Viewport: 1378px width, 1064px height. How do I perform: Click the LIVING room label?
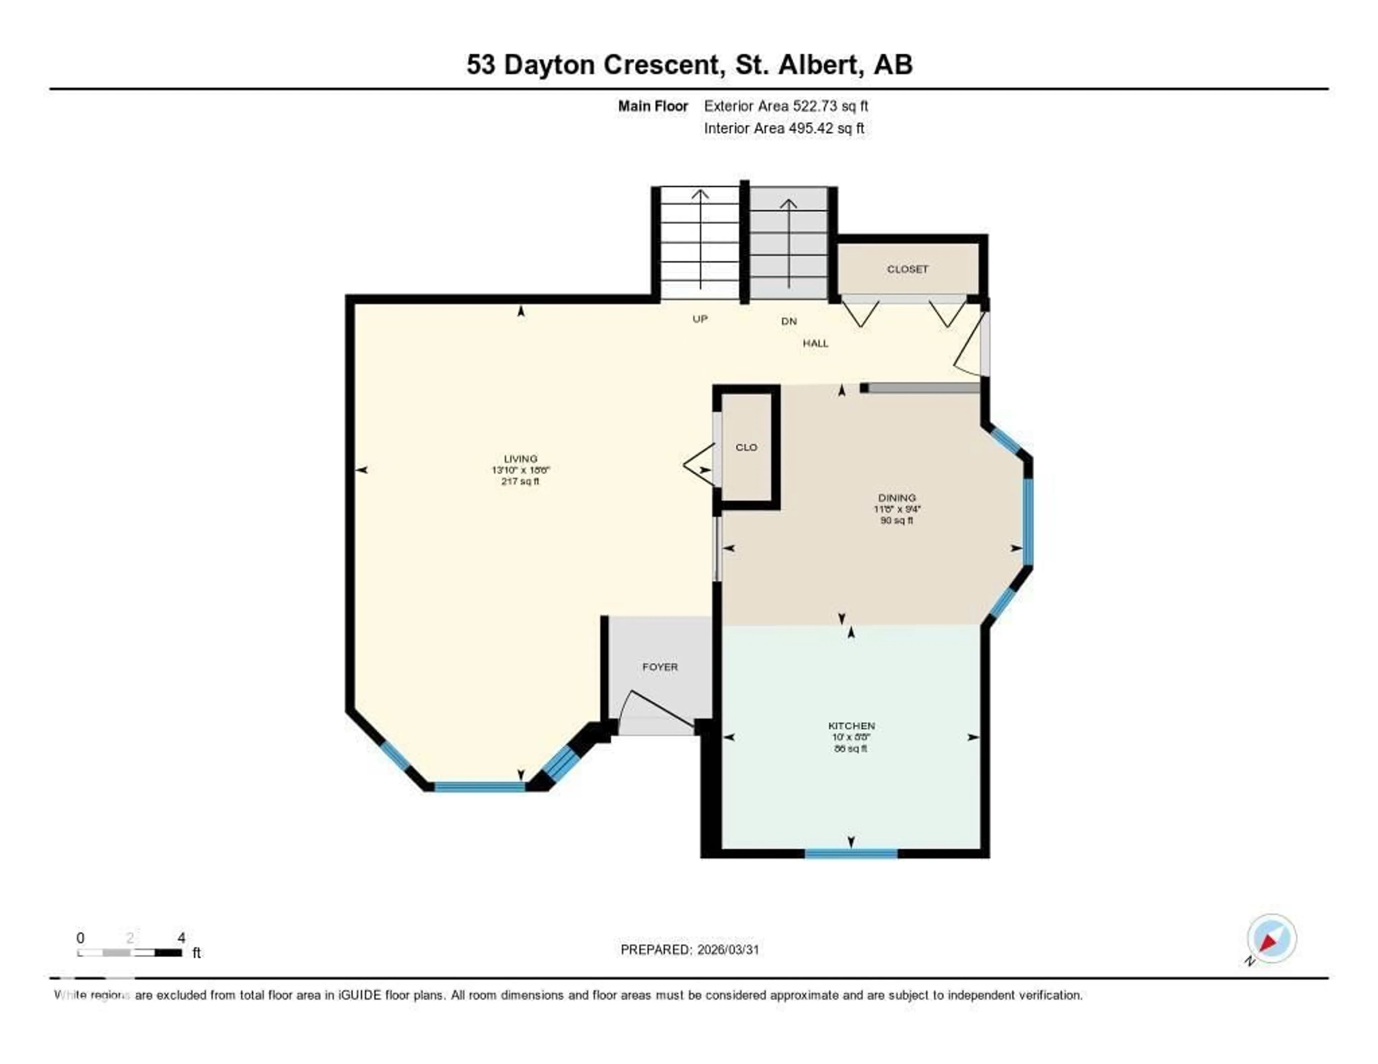pos(521,458)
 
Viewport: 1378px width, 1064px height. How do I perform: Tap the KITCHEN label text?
pos(851,726)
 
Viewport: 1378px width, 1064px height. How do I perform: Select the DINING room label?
pos(896,498)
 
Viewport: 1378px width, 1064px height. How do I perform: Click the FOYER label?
pos(660,667)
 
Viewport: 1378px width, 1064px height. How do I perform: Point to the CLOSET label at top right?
pos(907,269)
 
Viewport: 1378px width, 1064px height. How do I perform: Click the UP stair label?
pos(700,319)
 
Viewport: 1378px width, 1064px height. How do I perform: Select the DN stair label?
pos(789,321)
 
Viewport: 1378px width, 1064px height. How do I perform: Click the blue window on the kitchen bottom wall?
pos(851,854)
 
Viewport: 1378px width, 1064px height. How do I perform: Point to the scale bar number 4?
pos(181,938)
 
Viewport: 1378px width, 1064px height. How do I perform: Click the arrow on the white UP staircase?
pos(700,240)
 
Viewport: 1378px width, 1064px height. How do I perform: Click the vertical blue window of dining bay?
pos(1028,521)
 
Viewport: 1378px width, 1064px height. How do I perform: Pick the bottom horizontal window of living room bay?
pos(479,786)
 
